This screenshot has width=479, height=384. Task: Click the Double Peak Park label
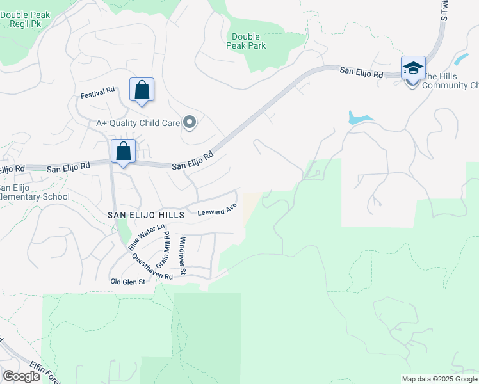point(246,42)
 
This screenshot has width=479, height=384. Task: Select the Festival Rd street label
point(97,93)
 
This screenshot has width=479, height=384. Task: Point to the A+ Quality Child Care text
point(138,122)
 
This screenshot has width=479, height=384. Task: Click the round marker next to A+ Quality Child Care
point(189,122)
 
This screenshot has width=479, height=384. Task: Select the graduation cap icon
point(413,68)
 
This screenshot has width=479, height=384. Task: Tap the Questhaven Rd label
point(152,268)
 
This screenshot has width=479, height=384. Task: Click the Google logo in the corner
point(20,376)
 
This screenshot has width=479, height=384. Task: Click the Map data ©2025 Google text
point(439,379)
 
